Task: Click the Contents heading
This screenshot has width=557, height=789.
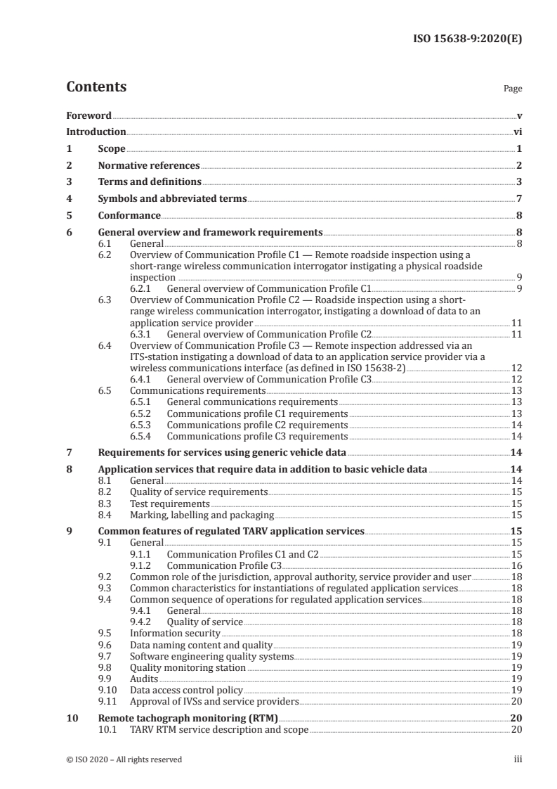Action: tap(96, 87)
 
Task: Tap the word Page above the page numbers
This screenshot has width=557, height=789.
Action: tap(513, 89)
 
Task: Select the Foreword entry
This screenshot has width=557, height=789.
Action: tap(89, 115)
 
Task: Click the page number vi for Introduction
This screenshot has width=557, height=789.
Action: tap(517, 132)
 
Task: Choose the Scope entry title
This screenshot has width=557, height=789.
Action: tap(111, 149)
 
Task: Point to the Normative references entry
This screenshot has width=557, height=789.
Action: tap(149, 166)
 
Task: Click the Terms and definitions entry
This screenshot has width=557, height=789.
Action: tap(150, 182)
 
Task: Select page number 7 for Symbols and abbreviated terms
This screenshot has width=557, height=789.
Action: tap(518, 199)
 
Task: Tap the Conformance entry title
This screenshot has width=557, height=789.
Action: tap(129, 216)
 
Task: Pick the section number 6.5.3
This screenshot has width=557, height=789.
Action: tap(143, 425)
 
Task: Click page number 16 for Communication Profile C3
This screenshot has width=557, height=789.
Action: tap(516, 565)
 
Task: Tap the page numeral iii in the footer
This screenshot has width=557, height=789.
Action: tap(517, 759)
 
